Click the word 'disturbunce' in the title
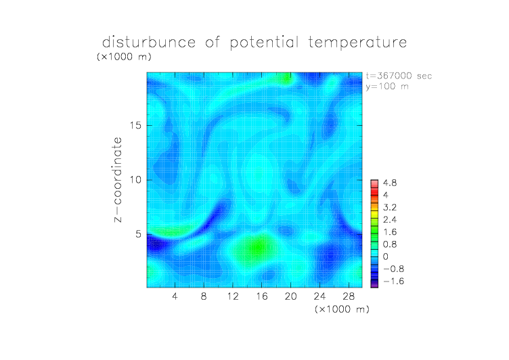pos(149,42)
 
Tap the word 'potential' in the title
pos(264,43)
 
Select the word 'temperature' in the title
pos(357,43)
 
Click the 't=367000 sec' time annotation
pos(399,76)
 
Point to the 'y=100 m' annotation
pos(387,87)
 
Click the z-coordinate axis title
pos(118,179)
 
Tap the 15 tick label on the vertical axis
pos(135,125)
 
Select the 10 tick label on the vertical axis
pos(135,180)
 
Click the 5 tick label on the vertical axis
pos(139,234)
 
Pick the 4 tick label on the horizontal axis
pos(175,296)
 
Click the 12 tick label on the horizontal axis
pos(233,296)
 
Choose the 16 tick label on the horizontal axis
pos(262,296)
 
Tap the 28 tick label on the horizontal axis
pos(349,296)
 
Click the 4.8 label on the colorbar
pos(390,183)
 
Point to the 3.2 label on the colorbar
pos(390,208)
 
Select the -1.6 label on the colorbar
pos(394,281)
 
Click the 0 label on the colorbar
pos(386,256)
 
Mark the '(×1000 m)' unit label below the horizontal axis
pos(342,309)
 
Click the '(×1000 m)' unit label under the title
pos(124,57)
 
